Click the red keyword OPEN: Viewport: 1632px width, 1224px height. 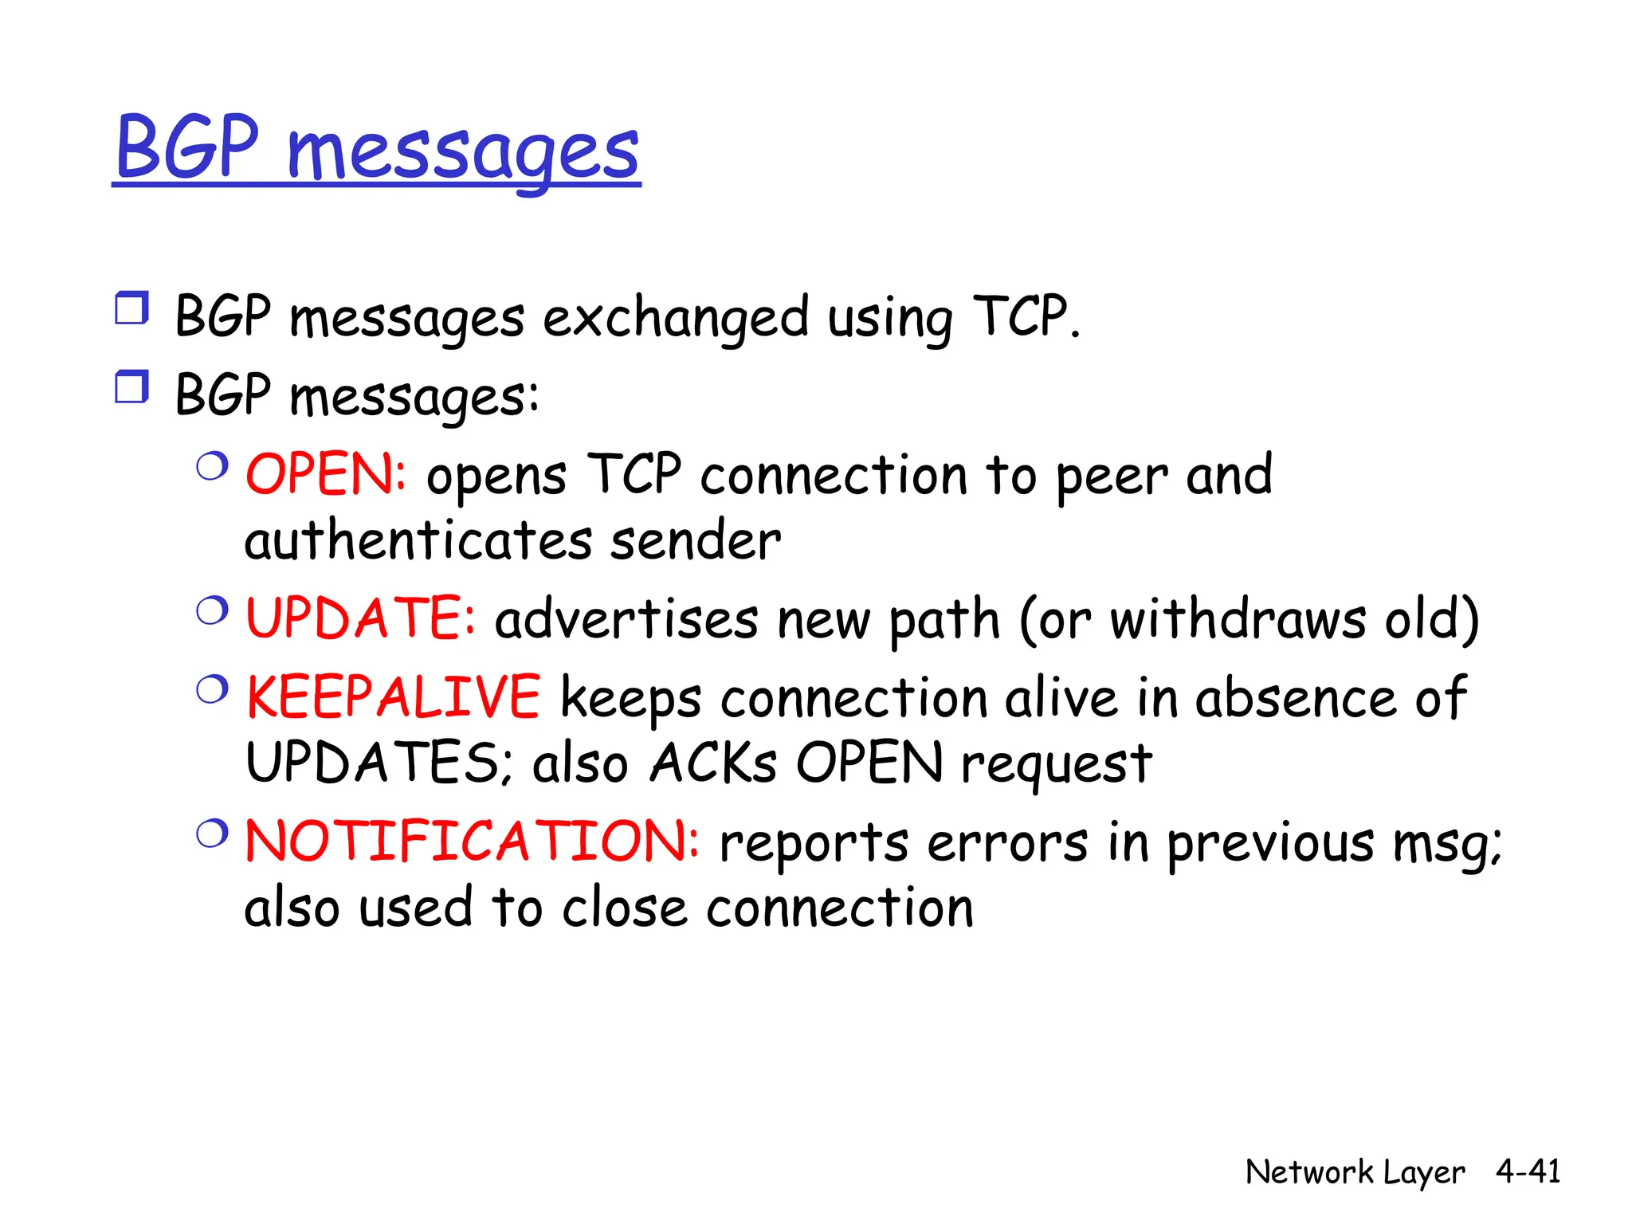point(326,475)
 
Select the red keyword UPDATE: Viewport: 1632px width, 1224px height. point(360,618)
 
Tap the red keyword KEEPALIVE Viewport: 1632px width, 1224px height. point(393,697)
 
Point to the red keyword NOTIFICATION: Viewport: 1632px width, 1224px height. point(472,841)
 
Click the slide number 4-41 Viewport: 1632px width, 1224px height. point(1528,1171)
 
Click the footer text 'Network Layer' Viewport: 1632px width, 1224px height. point(1355,1172)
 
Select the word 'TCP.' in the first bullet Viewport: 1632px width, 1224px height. point(1026,316)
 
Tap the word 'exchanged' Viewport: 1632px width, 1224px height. point(676,318)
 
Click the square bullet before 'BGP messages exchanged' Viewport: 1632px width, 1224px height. point(131,308)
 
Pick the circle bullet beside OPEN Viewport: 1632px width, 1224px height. point(213,466)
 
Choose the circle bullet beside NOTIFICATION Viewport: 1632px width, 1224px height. point(213,834)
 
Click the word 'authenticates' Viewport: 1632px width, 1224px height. point(418,541)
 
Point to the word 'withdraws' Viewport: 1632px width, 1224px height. point(1238,619)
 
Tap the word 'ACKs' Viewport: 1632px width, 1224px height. point(713,763)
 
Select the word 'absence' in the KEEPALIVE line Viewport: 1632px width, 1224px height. point(1296,698)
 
